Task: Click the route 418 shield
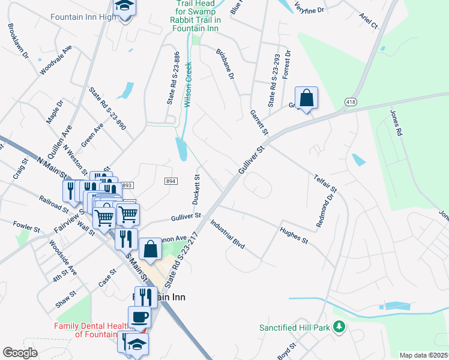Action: (351, 103)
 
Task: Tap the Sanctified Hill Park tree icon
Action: (340, 327)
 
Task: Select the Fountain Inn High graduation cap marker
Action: (125, 7)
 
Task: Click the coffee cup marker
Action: (139, 317)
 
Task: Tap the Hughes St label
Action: (294, 234)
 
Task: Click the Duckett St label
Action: (196, 188)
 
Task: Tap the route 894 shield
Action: (170, 181)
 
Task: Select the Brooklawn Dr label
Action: (18, 41)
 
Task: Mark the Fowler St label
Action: (26, 227)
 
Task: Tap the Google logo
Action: (20, 353)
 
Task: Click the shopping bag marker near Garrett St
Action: (306, 98)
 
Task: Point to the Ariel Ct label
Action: (369, 21)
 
